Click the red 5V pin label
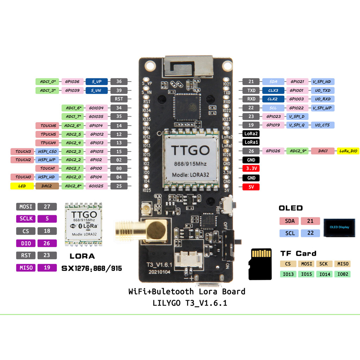[x=251, y=187]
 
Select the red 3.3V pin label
[x=251, y=169]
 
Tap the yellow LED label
[x=22, y=186]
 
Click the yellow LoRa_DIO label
[x=348, y=151]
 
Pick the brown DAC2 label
[x=47, y=186]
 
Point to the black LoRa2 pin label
[x=251, y=134]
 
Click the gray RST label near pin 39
[x=119, y=99]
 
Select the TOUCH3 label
[x=23, y=152]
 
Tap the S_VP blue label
[x=96, y=82]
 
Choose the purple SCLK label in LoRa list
[x=26, y=219]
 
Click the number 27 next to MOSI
[x=47, y=206]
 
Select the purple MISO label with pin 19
[x=26, y=268]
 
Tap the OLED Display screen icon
[x=339, y=227]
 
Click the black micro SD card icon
[x=260, y=264]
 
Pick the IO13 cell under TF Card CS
[x=288, y=274]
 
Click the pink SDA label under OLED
[x=289, y=221]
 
